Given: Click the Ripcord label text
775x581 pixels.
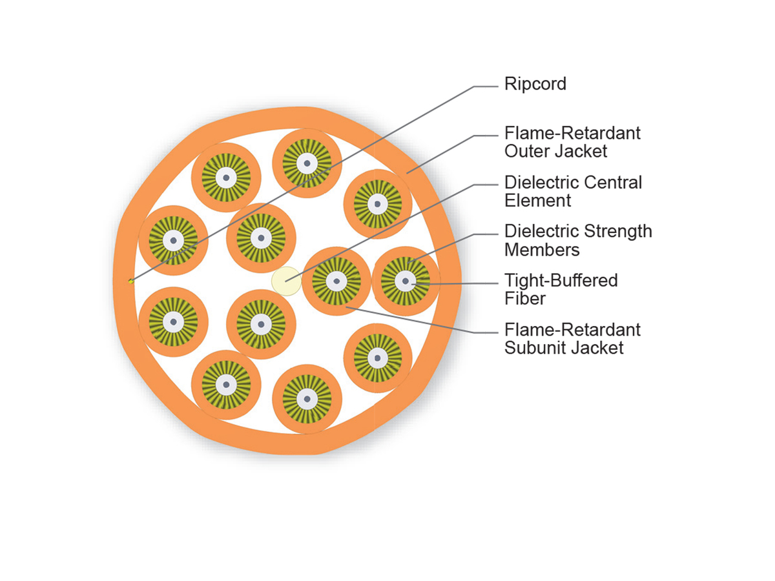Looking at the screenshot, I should click(535, 84).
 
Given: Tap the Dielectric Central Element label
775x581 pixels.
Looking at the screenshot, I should click(573, 191).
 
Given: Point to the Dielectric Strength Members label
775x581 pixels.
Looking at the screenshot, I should click(578, 240).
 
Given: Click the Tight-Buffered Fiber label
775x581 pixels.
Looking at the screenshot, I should click(561, 289).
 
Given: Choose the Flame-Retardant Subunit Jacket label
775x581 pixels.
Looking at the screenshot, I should click(572, 338).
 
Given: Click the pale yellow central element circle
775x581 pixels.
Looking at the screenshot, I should click(285, 281).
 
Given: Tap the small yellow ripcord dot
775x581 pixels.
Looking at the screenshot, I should click(130, 280).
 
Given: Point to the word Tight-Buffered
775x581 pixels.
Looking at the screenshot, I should click(561, 280).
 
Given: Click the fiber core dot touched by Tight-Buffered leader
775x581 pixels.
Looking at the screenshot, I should click(406, 281).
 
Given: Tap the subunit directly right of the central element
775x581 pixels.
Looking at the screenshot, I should click(336, 281).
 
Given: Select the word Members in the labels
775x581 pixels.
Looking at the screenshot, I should click(542, 249).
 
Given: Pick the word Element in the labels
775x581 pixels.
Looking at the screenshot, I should click(537, 200).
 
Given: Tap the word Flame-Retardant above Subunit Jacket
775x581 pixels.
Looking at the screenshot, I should click(572, 329).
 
